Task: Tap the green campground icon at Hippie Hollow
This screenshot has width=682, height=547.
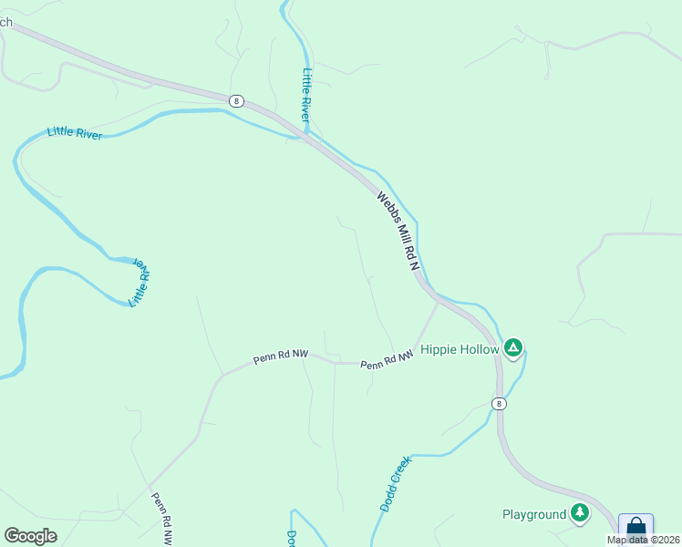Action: pos(513,347)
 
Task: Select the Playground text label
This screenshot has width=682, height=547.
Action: pos(534,514)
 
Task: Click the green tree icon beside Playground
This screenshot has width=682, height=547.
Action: pos(580,513)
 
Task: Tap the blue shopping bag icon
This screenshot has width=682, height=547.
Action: pos(635,528)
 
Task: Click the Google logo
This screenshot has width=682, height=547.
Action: pos(31,536)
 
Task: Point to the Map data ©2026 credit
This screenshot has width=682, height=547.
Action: pos(644,540)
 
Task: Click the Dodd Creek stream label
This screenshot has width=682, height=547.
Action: pos(397,483)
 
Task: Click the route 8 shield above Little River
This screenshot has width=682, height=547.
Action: pos(237,101)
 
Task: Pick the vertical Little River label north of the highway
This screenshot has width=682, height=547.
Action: pos(306,95)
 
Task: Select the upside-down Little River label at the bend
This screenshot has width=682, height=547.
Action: pos(139,282)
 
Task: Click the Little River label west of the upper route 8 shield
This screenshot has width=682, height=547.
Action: pos(75,133)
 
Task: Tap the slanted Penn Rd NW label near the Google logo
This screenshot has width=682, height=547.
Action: pos(161,518)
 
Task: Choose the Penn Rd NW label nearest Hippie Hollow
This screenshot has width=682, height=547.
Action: pos(387,359)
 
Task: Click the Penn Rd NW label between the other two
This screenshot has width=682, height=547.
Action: pos(278,357)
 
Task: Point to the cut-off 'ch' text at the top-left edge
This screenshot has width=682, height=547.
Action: pos(5,22)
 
